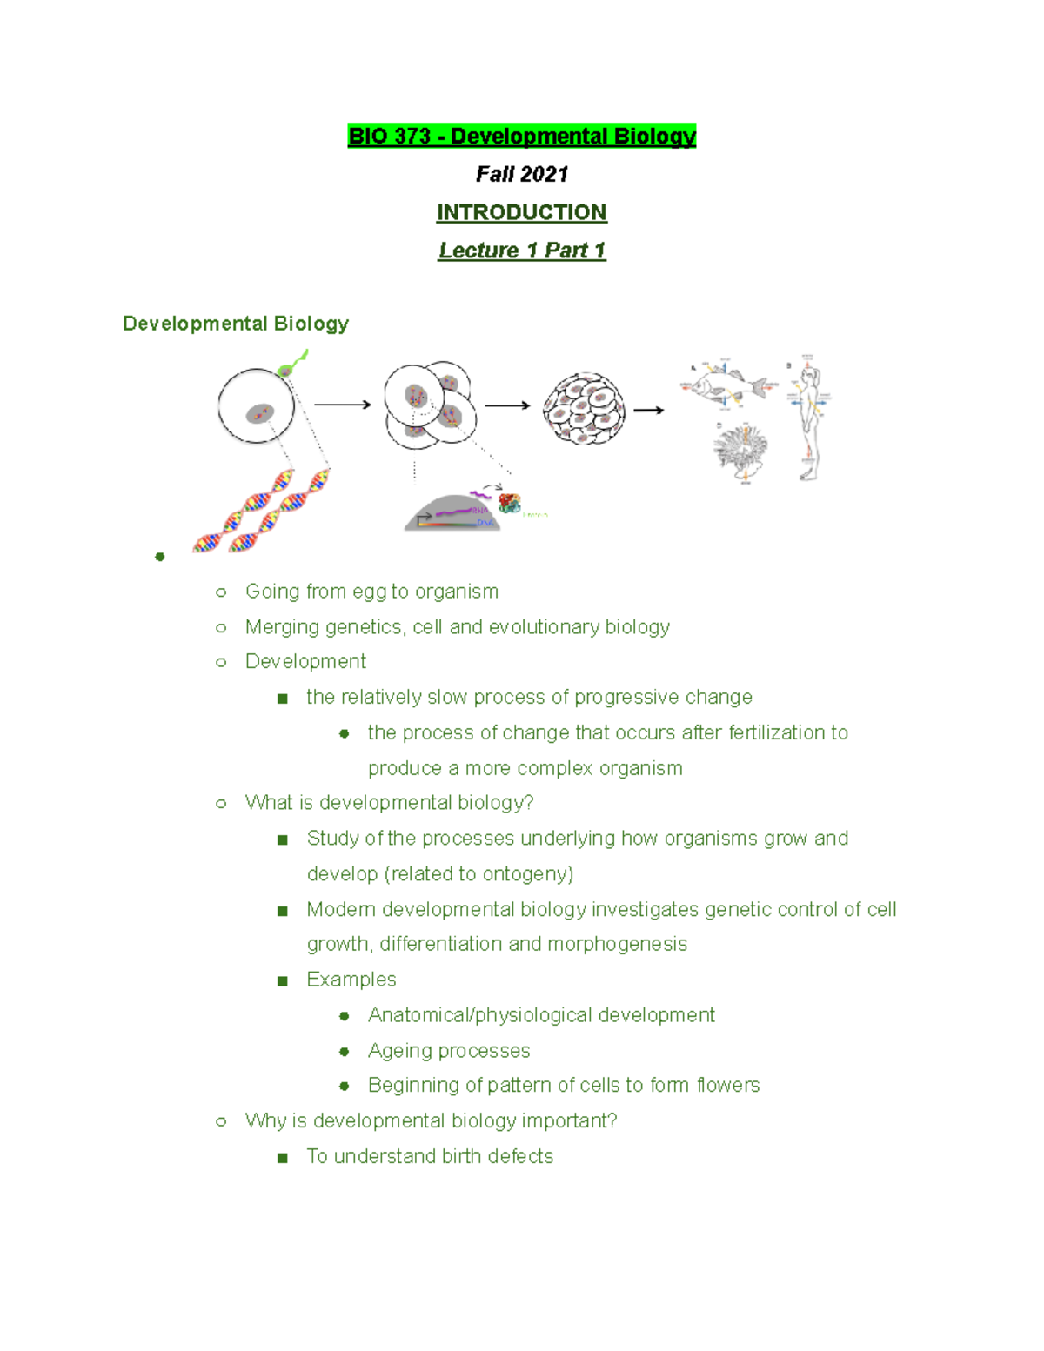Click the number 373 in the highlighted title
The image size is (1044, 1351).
[412, 137]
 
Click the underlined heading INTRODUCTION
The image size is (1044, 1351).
[521, 212]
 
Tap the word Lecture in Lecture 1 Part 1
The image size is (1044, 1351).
[478, 251]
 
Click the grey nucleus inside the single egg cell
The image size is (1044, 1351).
[259, 413]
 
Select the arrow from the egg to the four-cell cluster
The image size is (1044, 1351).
[342, 405]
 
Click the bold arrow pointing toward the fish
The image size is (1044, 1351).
[648, 410]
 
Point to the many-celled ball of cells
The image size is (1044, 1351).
[584, 409]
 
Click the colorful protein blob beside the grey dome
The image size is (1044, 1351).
[509, 504]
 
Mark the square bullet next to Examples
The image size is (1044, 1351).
[282, 980]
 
